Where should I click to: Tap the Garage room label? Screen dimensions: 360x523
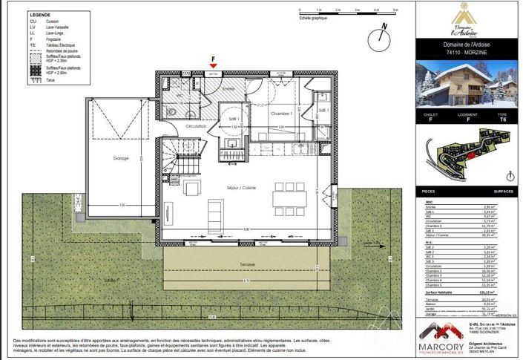120,159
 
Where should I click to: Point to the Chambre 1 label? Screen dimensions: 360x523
280,114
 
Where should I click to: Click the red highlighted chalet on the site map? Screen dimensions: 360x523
469,157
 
